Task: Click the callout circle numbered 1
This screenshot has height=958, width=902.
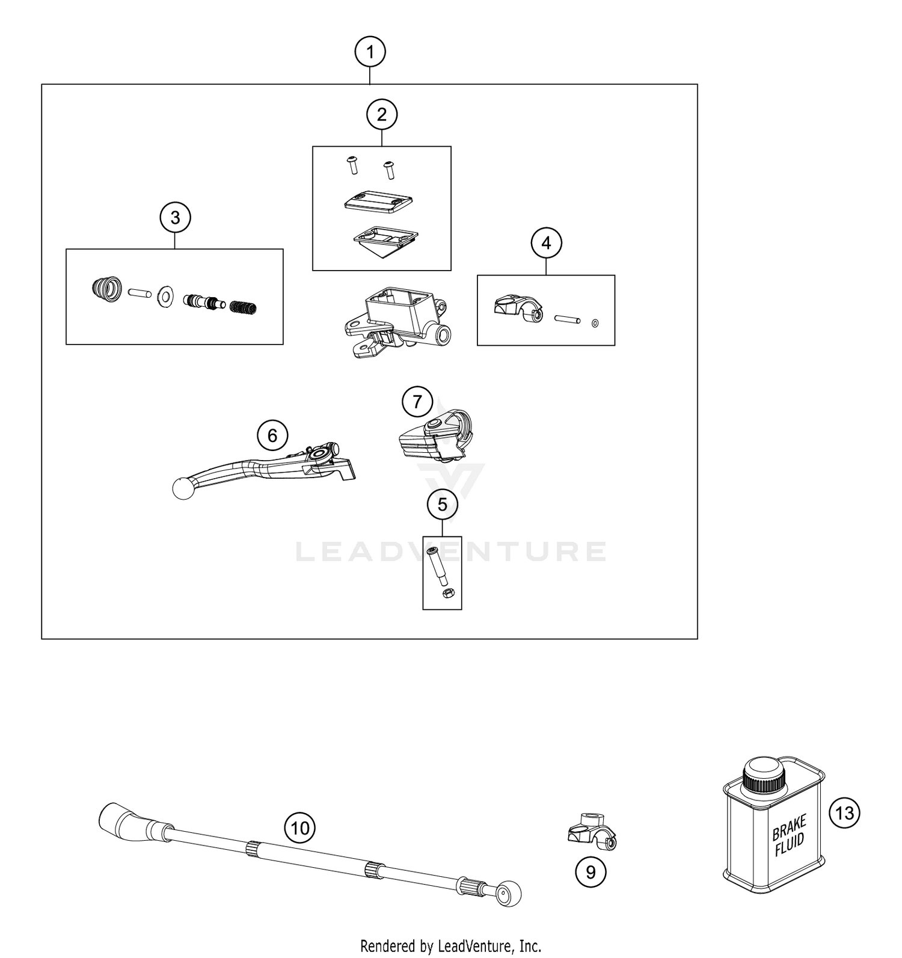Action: pyautogui.click(x=370, y=52)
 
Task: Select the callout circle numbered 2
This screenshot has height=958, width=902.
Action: pyautogui.click(x=382, y=114)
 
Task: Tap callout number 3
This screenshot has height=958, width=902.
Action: pyautogui.click(x=175, y=217)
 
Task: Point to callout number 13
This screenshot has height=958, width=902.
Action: pyautogui.click(x=844, y=813)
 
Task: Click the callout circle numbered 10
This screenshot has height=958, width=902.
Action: pyautogui.click(x=299, y=828)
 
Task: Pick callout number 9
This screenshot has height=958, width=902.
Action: pyautogui.click(x=590, y=871)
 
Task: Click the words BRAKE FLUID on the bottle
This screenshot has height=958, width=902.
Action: pyautogui.click(x=788, y=835)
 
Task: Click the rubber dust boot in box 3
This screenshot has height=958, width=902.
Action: pyautogui.click(x=106, y=289)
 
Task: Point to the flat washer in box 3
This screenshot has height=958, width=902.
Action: pyautogui.click(x=164, y=296)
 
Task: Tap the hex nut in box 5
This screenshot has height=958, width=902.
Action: pyautogui.click(x=447, y=594)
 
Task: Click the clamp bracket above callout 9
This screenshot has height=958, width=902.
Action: pyautogui.click(x=592, y=833)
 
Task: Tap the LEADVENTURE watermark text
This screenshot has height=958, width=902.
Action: pyautogui.click(x=451, y=552)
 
